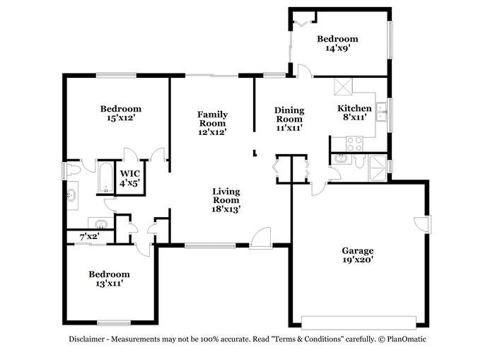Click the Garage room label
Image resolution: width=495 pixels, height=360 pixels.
tap(357, 251)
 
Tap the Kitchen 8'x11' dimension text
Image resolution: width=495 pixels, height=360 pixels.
tap(354, 117)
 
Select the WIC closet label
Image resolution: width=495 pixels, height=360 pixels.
tap(129, 174)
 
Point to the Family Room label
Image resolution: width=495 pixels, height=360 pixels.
tap(212, 119)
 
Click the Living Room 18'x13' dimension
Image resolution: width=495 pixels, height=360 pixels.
tap(226, 209)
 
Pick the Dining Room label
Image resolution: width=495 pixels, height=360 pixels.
tap(289, 115)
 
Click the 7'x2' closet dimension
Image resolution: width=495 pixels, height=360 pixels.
tap(90, 236)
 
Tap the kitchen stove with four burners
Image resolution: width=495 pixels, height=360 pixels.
tap(354, 144)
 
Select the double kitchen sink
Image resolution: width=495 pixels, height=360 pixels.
tap(382, 112)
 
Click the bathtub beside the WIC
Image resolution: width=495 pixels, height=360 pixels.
tap(105, 178)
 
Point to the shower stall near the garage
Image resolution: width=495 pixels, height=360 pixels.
tap(378, 168)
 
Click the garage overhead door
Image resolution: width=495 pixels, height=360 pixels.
tap(359, 323)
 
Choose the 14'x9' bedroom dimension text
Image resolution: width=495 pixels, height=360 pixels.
tap(338, 48)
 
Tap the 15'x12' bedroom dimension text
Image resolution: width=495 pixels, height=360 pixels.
tap(121, 118)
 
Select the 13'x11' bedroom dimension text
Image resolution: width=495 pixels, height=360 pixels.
tap(109, 284)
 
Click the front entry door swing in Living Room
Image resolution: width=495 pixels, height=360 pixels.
tap(261, 238)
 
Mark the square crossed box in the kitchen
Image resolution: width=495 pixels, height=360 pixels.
tap(343, 86)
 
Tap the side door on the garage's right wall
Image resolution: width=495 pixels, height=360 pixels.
tap(422, 224)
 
